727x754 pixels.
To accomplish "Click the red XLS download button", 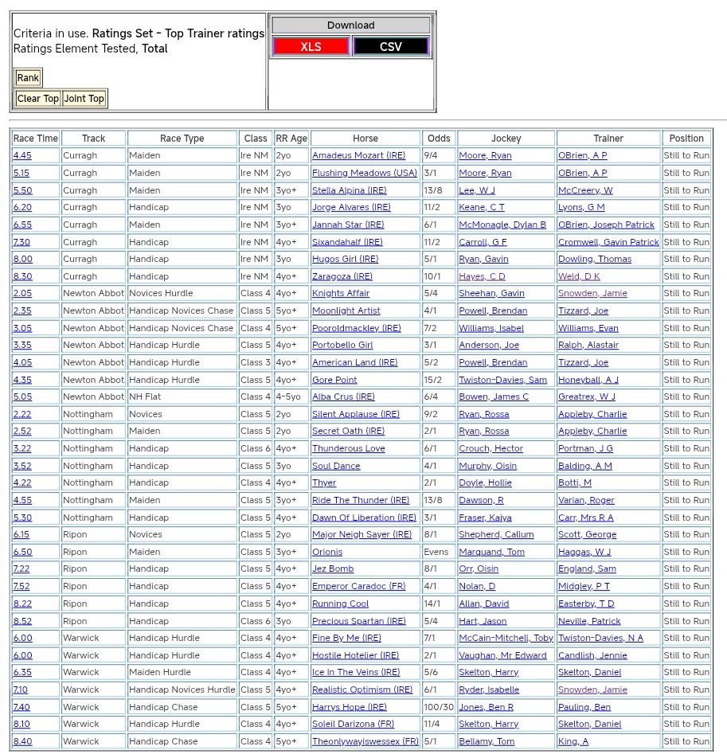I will (311, 47).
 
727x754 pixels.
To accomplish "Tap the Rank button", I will (28, 78).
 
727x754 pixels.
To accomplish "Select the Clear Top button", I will (38, 99).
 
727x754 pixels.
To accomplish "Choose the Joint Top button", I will (84, 99).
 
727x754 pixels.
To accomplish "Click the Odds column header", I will (439, 139).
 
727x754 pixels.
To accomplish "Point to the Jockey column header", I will (506, 139).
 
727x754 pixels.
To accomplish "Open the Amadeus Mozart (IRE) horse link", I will (358, 156).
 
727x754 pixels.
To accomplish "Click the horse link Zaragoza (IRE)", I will (342, 276).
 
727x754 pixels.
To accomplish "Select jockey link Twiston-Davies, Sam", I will (502, 380).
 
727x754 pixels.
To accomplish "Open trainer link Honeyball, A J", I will (588, 380).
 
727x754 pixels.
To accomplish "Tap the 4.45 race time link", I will (22, 156).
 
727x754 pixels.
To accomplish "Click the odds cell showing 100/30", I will (439, 707).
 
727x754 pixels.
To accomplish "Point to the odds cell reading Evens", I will (436, 552).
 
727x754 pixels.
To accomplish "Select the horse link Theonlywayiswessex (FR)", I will (365, 741).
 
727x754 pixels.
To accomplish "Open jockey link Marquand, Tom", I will (491, 552).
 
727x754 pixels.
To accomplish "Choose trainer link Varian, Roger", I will (586, 500).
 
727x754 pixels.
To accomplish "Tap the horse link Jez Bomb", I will (333, 569).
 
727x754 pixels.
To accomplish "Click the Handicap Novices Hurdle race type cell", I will (182, 690).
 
